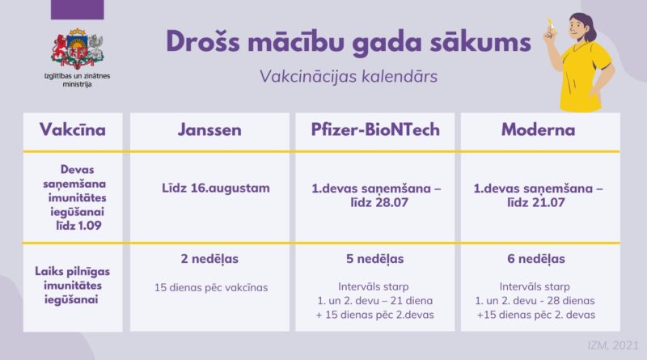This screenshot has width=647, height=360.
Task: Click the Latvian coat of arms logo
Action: point(77,49)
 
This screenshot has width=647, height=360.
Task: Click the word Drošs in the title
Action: point(203,42)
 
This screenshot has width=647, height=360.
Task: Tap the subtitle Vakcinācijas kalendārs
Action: point(349,76)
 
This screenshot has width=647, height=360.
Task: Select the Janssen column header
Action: point(209,130)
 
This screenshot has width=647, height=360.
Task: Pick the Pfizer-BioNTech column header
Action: point(375,130)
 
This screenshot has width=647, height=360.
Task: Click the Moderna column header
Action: point(538,130)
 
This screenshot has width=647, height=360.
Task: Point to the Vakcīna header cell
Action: point(73,130)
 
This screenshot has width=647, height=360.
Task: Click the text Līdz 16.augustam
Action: point(216,188)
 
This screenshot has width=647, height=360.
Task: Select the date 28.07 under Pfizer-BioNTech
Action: point(391,203)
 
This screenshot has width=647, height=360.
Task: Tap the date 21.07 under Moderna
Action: point(548,203)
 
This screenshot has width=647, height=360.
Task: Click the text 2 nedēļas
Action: point(209,259)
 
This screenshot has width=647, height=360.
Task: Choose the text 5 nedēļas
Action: point(375,259)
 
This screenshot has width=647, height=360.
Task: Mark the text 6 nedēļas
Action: point(536,259)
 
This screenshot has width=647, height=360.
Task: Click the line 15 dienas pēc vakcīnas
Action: point(211,288)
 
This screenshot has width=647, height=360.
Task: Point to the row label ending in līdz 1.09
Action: point(74,197)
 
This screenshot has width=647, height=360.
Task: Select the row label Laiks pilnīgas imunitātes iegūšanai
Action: point(72,286)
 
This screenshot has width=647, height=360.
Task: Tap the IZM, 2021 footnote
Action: point(613,345)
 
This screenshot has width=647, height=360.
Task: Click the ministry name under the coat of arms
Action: point(77,80)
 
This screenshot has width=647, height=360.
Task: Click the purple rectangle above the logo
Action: point(77,10)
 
